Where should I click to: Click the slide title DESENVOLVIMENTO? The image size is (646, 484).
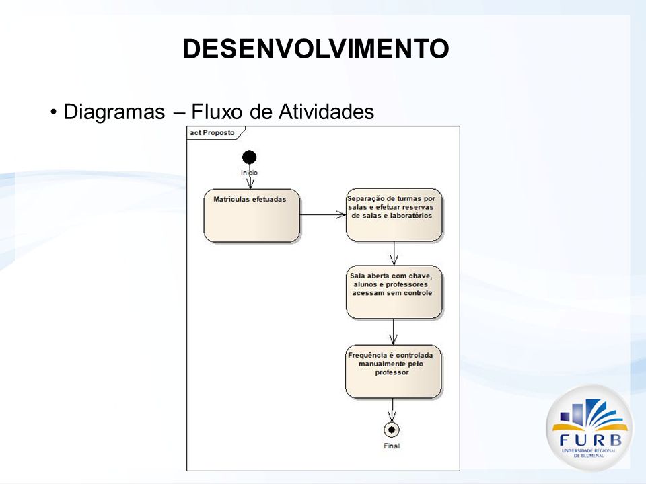click(x=316, y=48)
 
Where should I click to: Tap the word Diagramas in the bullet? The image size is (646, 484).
click(x=114, y=112)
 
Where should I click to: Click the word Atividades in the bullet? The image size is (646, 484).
click(x=326, y=111)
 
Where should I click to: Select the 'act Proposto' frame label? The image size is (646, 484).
click(x=212, y=133)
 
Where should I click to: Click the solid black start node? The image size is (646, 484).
click(x=249, y=157)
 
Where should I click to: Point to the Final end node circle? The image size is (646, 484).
click(x=392, y=430)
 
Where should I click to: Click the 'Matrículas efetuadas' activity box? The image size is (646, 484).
click(x=252, y=215)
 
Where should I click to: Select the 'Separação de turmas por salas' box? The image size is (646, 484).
click(x=394, y=214)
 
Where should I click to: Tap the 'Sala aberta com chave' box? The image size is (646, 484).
click(x=394, y=292)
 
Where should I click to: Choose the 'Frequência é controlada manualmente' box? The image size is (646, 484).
click(x=393, y=371)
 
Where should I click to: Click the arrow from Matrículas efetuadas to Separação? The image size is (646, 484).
click(x=323, y=215)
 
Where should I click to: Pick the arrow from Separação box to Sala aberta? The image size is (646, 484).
click(x=394, y=253)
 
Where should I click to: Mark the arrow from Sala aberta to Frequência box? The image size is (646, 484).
click(x=394, y=331)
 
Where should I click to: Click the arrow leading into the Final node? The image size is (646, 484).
click(x=392, y=410)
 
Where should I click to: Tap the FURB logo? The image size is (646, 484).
click(x=589, y=428)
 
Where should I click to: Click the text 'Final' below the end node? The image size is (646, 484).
click(x=392, y=446)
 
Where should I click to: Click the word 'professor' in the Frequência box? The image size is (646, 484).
click(x=392, y=372)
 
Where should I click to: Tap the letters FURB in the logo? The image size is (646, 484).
click(x=590, y=440)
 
